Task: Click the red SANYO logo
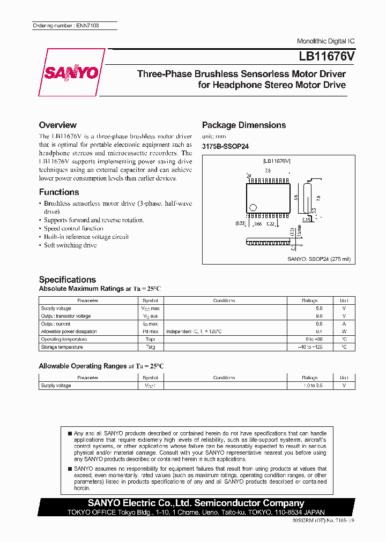(x=71, y=72)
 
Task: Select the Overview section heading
(x=57, y=125)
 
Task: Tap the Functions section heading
(x=59, y=192)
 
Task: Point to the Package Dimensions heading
(x=243, y=125)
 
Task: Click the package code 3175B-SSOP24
(x=225, y=146)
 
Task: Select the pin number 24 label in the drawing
(x=248, y=176)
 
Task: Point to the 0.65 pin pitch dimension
(x=258, y=223)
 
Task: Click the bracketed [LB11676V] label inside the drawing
(x=277, y=161)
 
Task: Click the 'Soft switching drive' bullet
(x=70, y=245)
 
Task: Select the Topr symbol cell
(x=150, y=340)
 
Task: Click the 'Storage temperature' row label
(x=62, y=347)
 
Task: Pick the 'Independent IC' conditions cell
(x=194, y=332)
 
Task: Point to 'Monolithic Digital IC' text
(x=325, y=41)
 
